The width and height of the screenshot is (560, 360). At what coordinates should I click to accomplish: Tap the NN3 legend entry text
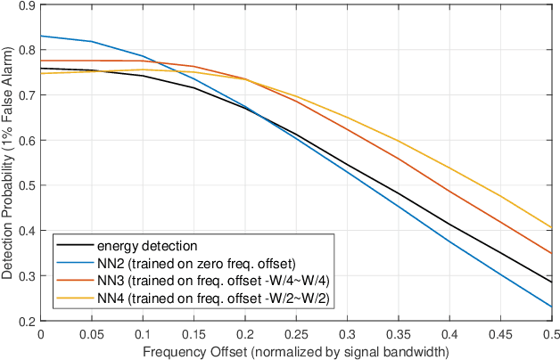click(213, 280)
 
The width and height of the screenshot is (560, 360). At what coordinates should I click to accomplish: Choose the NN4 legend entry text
click(213, 298)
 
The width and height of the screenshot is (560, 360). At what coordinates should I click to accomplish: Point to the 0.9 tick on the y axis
click(26, 6)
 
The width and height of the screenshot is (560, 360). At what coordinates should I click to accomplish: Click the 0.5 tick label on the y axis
click(26, 185)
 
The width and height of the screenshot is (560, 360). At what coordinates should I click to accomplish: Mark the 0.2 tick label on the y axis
click(26, 321)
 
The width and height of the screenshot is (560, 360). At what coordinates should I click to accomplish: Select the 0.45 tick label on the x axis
click(500, 334)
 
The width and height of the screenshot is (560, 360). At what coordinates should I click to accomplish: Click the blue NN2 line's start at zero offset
click(41, 36)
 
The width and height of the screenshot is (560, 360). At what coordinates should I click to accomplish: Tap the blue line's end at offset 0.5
click(552, 307)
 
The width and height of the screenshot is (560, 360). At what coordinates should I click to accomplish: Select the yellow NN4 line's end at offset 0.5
click(552, 227)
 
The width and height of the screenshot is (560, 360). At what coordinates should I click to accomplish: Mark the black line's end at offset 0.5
click(552, 282)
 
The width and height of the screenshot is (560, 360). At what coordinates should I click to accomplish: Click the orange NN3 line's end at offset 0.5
click(552, 254)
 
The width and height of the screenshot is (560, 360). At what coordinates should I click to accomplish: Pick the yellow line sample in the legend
click(74, 298)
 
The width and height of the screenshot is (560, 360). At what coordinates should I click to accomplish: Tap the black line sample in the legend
click(74, 245)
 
